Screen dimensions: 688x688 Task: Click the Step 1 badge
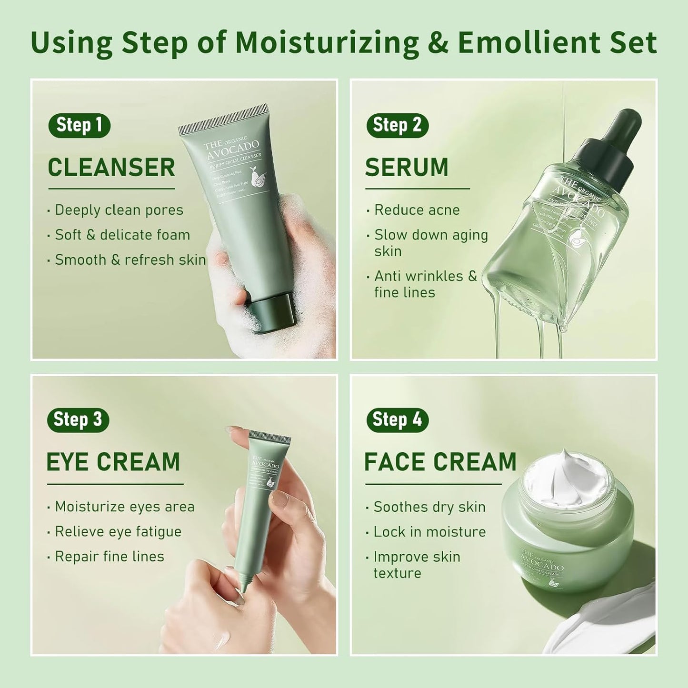pos(79,125)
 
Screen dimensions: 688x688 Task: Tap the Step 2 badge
pos(397,125)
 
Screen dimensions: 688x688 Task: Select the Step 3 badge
pos(78,420)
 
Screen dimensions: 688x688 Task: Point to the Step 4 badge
pos(397,420)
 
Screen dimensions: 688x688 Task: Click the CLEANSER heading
pos(111,168)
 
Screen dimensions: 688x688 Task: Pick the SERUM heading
pos(407,168)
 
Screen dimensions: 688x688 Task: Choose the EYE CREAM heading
pos(113,462)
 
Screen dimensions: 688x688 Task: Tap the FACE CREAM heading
pos(440,462)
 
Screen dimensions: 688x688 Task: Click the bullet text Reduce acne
pos(417,210)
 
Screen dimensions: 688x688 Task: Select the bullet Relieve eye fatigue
pos(118,531)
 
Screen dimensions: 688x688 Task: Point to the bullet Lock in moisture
pos(429,531)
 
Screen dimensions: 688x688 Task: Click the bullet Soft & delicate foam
pos(122,235)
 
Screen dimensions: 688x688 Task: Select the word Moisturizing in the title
pos(327,43)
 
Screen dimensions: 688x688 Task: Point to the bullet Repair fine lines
pos(110,556)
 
